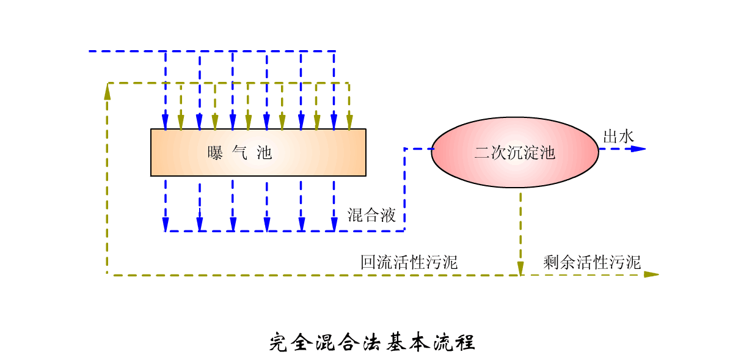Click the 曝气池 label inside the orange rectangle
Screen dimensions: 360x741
coord(239,153)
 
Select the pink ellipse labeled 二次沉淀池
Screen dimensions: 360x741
coord(514,152)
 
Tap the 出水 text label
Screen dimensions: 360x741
coord(618,137)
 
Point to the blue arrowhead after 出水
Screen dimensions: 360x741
coord(638,149)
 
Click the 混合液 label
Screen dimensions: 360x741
coord(371,215)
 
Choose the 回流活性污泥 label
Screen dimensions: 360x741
coord(409,263)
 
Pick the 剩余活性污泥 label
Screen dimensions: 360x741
coord(592,263)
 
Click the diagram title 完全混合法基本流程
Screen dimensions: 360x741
coord(372,342)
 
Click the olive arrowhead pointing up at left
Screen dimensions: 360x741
coord(108,92)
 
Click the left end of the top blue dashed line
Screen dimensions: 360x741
coord(90,51)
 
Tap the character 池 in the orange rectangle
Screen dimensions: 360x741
coord(265,153)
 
